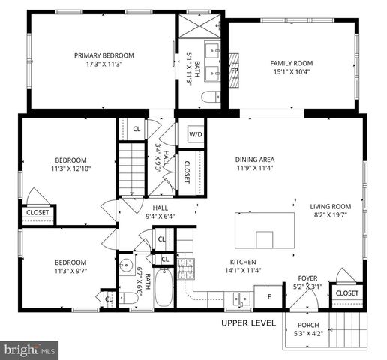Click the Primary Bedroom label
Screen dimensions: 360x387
coord(103,55)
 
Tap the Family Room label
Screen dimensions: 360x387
coord(291,63)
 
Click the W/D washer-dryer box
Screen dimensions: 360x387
coord(195,134)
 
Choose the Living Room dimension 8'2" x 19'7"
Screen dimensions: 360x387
coord(331,216)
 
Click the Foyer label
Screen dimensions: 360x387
coord(308,276)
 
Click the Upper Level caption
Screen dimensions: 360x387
coord(249,323)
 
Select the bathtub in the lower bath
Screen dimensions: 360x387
coord(163,293)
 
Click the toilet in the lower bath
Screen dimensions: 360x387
coord(128,298)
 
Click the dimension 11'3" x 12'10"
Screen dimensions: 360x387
coord(70,169)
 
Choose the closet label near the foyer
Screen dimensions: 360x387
coord(346,292)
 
